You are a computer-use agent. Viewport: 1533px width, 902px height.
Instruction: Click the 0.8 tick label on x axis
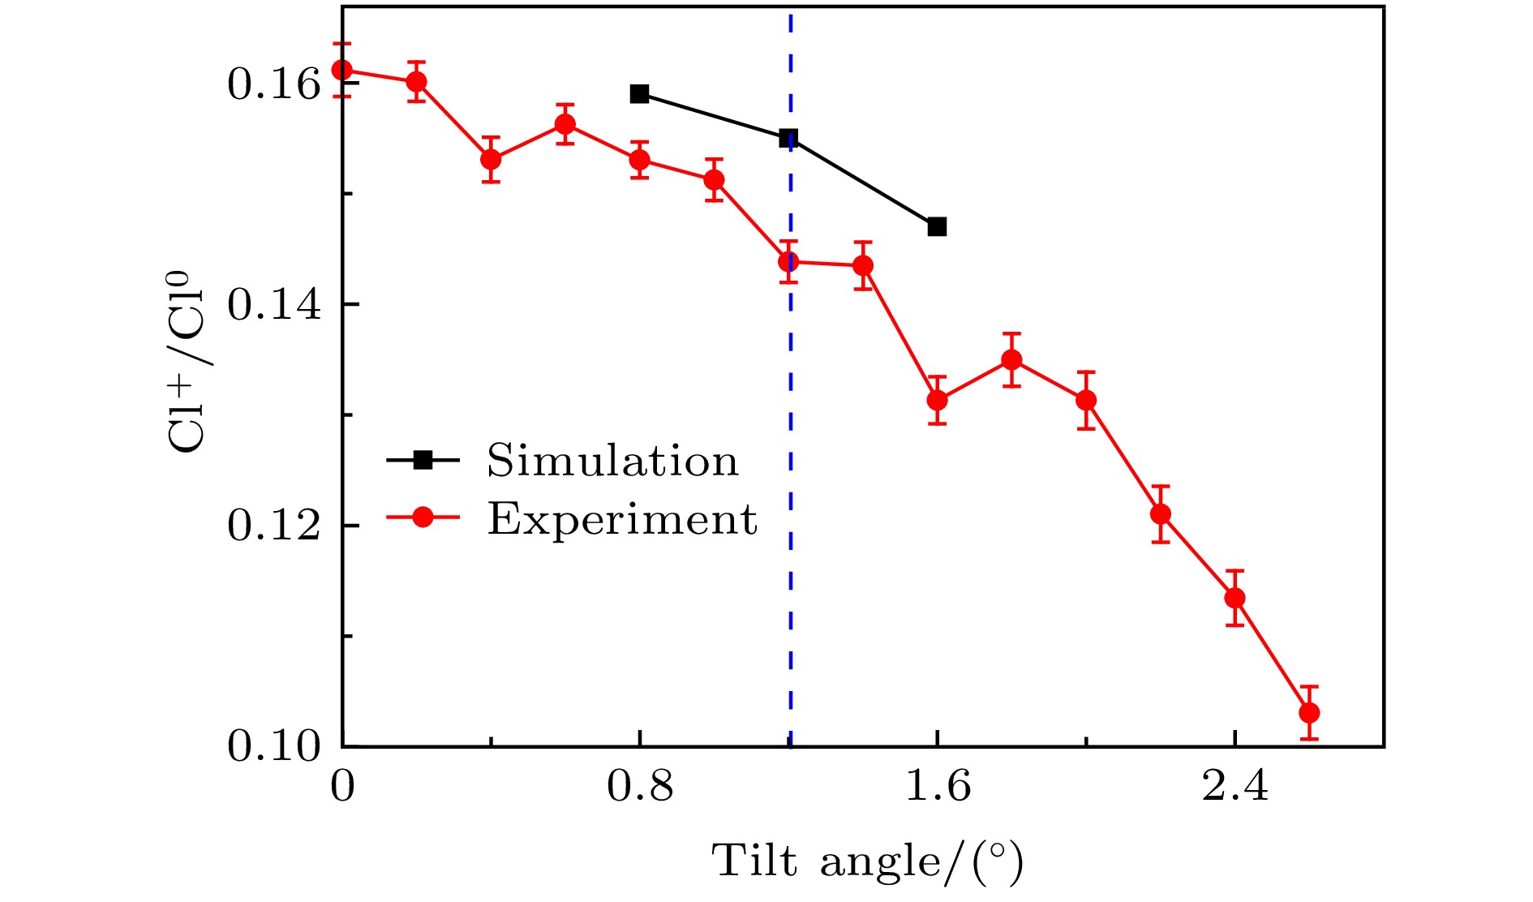(640, 786)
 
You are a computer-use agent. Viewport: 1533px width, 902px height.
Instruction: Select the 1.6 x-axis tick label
(937, 786)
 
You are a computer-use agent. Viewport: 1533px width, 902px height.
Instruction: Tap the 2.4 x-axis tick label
(1235, 786)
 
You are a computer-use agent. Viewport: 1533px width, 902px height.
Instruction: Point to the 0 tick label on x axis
(342, 786)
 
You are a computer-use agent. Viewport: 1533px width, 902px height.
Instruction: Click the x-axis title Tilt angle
(866, 861)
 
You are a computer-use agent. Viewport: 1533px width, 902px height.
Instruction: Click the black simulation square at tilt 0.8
(640, 93)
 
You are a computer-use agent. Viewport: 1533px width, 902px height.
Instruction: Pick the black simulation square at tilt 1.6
(937, 226)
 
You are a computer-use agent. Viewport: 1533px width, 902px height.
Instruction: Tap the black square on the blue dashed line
(788, 138)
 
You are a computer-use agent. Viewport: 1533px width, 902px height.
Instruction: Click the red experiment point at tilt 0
(342, 70)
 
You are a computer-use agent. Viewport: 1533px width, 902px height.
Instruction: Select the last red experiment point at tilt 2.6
(1309, 713)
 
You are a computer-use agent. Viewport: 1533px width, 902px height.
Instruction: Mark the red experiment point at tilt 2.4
(1235, 598)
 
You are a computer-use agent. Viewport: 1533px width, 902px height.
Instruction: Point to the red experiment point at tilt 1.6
(937, 400)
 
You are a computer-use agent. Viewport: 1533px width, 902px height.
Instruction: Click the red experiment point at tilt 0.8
(640, 159)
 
